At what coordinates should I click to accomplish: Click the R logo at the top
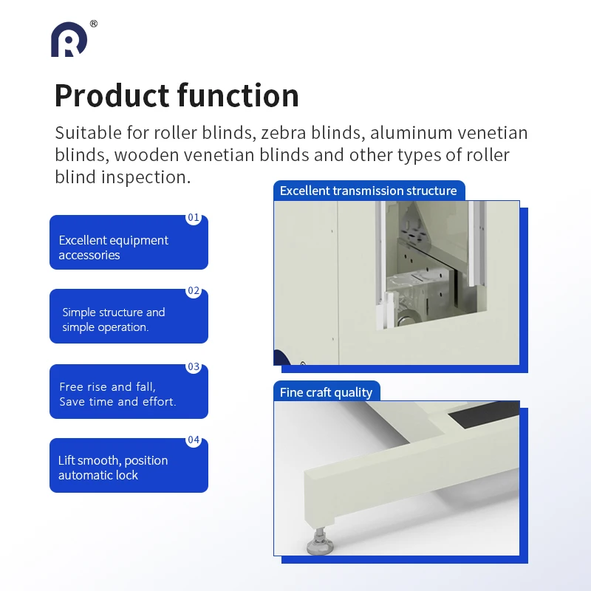click(x=69, y=40)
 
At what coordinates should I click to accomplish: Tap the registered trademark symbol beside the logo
click(x=93, y=24)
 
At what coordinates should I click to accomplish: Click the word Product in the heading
click(x=112, y=96)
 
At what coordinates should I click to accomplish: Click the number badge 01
click(x=194, y=218)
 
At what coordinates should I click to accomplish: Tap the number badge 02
click(x=194, y=291)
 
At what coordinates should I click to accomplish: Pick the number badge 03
click(x=194, y=366)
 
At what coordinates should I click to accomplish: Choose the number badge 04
click(x=194, y=440)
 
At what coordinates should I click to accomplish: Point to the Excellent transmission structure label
click(x=368, y=191)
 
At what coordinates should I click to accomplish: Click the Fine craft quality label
click(x=326, y=392)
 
